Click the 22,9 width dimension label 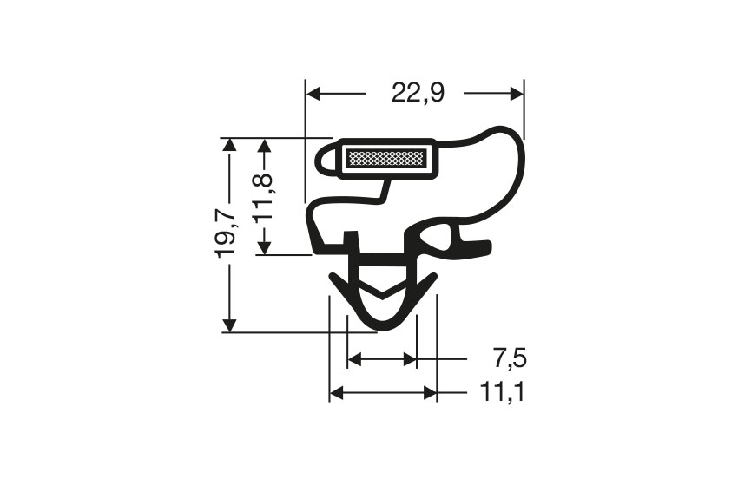[x=417, y=93]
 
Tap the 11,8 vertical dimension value [x=264, y=196]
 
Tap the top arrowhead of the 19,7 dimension [x=229, y=145]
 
